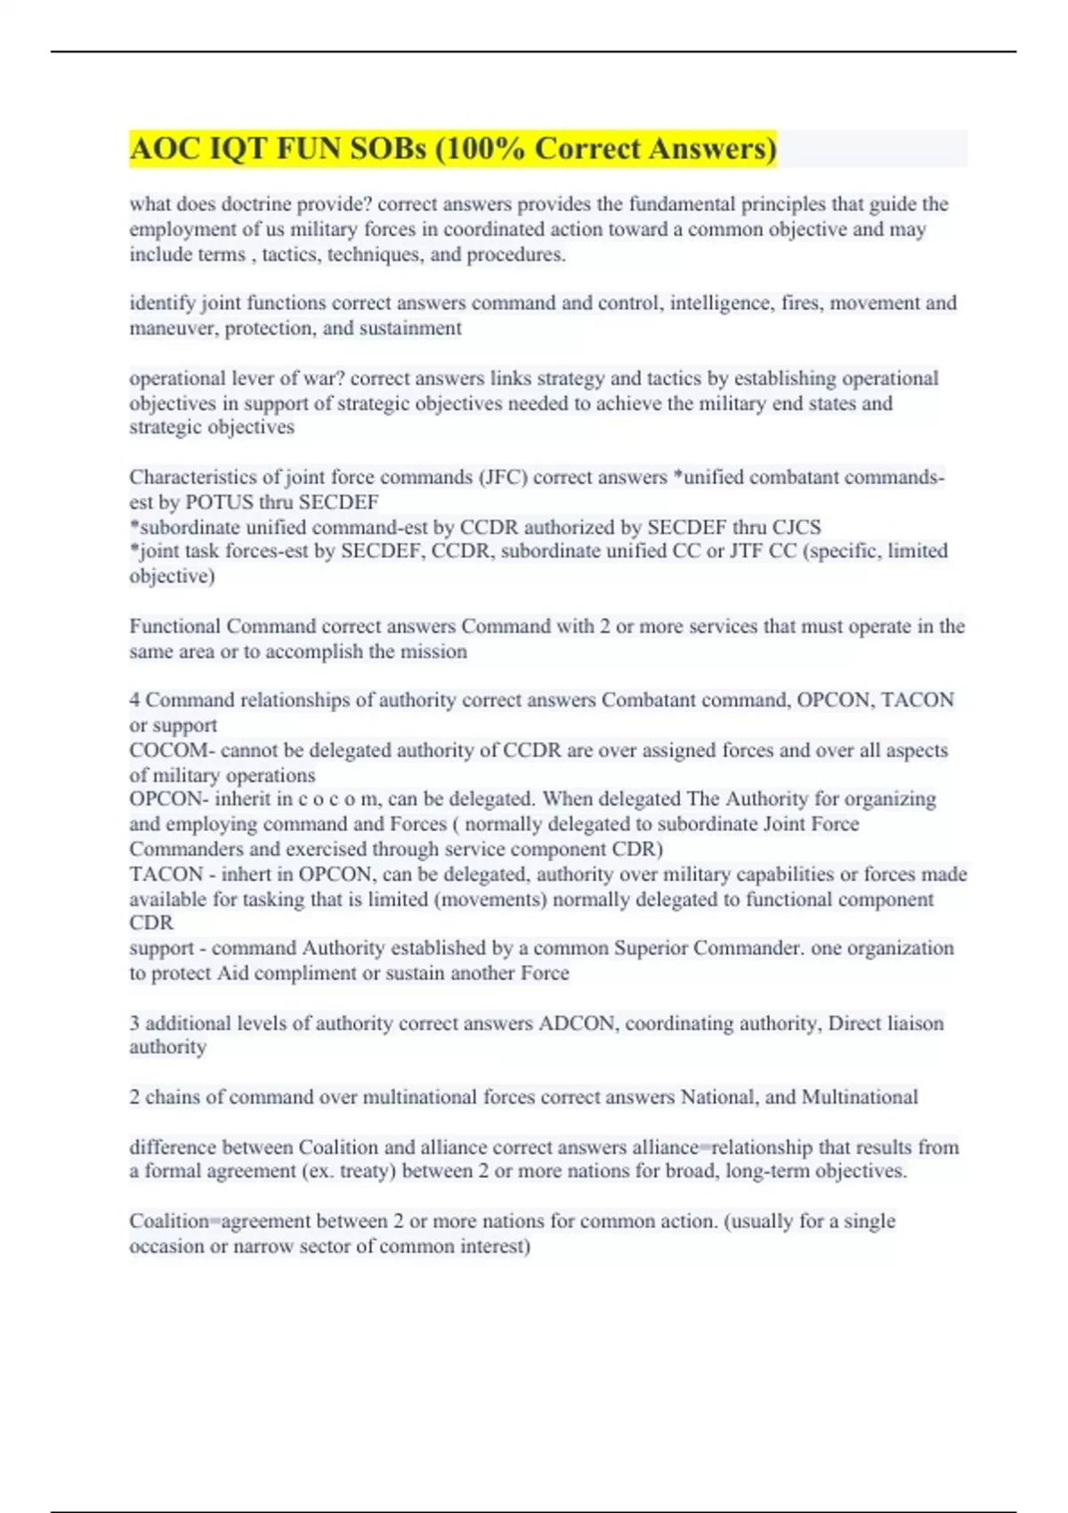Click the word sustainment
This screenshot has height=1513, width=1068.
pyautogui.click(x=410, y=328)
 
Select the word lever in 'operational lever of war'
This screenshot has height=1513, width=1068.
pyautogui.click(x=253, y=378)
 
